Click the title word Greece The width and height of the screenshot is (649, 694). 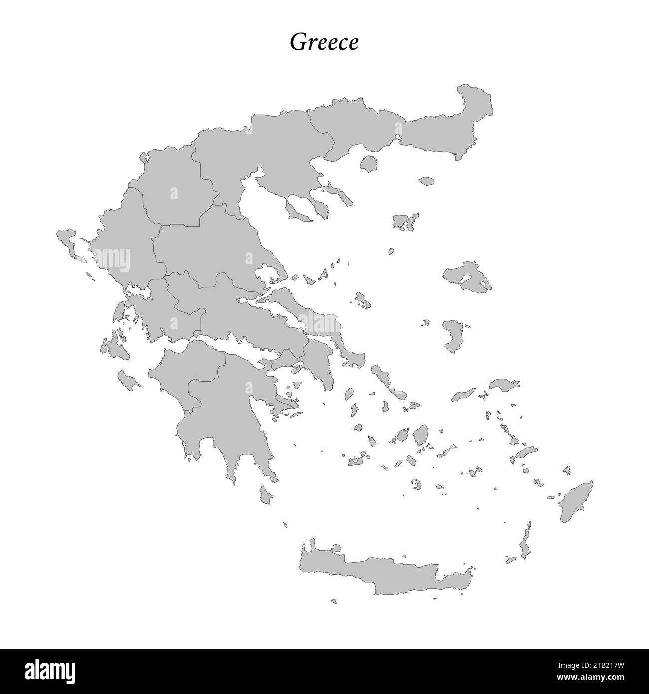(x=324, y=43)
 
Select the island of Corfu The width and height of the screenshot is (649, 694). (x=68, y=239)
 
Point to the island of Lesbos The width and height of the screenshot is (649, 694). (x=467, y=276)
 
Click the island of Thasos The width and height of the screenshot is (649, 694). (x=369, y=163)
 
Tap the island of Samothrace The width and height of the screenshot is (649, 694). (x=427, y=181)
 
